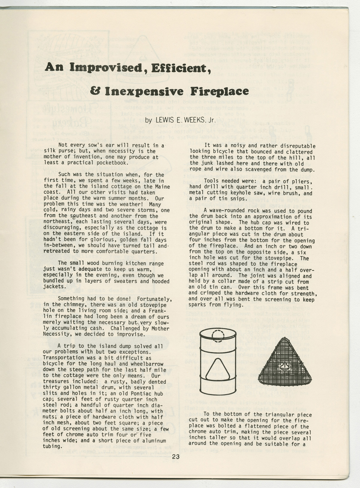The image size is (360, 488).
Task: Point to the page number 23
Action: (176, 457)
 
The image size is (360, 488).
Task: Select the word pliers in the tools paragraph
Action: (301, 181)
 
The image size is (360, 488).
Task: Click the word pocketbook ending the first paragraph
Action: (112, 163)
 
